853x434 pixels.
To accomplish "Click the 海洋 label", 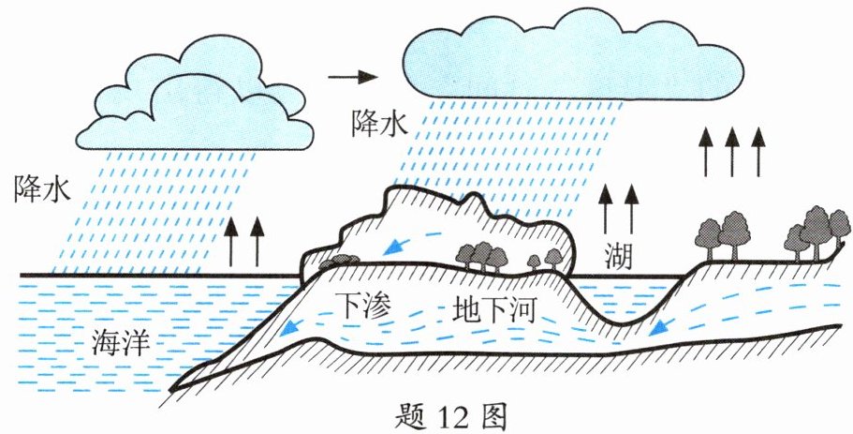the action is click(121, 342).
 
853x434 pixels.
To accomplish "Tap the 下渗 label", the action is click(363, 307).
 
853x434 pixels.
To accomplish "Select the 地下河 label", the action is click(494, 310).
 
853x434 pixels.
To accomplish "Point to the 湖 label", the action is click(618, 256).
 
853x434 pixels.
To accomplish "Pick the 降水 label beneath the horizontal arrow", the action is click(379, 124).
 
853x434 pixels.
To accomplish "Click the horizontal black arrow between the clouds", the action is click(352, 77).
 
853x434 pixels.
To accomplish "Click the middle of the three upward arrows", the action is click(732, 152).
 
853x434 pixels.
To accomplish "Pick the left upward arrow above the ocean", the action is click(231, 242).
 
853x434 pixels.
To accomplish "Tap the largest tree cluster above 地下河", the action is click(482, 256).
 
